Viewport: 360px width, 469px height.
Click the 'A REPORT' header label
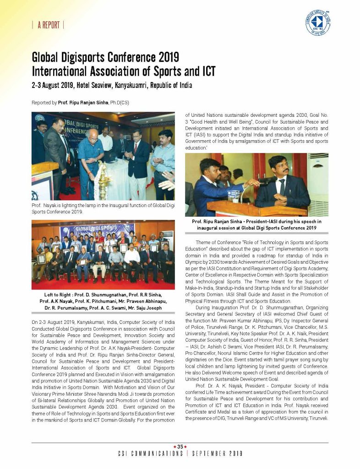[48, 25]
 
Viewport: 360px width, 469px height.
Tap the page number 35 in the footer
[180, 447]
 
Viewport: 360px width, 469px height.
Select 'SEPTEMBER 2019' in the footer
[217, 453]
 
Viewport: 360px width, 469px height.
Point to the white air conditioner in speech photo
[318, 183]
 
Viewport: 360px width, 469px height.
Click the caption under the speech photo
[256, 224]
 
